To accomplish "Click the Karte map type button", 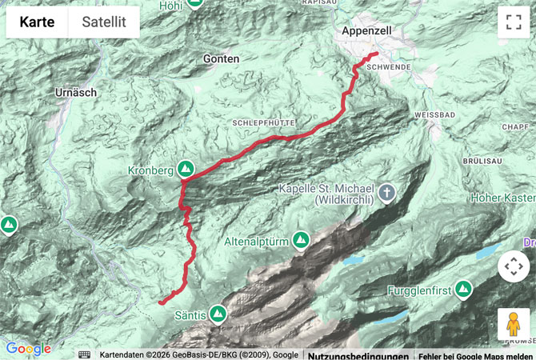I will coord(38,22).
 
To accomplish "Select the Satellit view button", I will coord(103,22).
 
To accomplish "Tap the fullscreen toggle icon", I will coord(513,22).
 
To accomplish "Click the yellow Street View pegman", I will coord(513,324).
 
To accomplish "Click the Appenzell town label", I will coord(365,30).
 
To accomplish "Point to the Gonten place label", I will coord(221,59).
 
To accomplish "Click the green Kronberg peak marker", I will coord(186,169).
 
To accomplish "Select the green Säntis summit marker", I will coord(217,313).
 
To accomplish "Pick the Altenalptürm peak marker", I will coord(301,238).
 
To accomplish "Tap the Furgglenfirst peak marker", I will coord(463,289).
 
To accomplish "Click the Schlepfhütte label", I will coord(264,122).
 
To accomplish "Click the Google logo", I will coord(28,349).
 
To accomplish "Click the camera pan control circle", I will coord(513,266).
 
